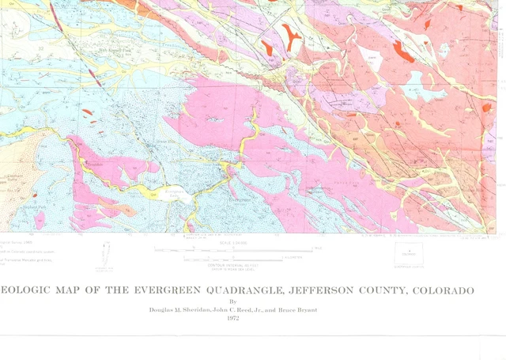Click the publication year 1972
(x=232, y=318)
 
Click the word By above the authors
(x=232, y=301)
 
